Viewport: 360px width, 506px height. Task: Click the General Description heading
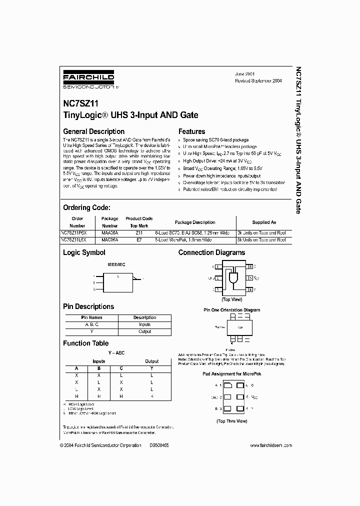pyautogui.click(x=93, y=131)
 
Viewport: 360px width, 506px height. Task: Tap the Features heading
pyautogui.click(x=192, y=131)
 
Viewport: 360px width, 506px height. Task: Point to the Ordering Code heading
pyautogui.click(x=86, y=207)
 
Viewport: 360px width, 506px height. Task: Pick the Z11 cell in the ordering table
pyautogui.click(x=138, y=232)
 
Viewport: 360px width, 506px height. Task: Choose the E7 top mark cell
pyautogui.click(x=138, y=240)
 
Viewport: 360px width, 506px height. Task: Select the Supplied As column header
pyautogui.click(x=263, y=222)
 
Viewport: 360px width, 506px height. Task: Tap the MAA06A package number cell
pyautogui.click(x=109, y=232)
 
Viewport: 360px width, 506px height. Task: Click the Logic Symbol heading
pyautogui.click(x=84, y=253)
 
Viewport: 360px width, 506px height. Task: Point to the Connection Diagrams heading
pyautogui.click(x=211, y=253)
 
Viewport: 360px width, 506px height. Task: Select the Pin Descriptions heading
pyautogui.click(x=88, y=306)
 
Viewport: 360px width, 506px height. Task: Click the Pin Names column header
pyautogui.click(x=91, y=317)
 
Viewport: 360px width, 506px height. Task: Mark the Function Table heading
pyautogui.click(x=85, y=343)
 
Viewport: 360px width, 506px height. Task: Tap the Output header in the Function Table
pyautogui.click(x=151, y=361)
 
